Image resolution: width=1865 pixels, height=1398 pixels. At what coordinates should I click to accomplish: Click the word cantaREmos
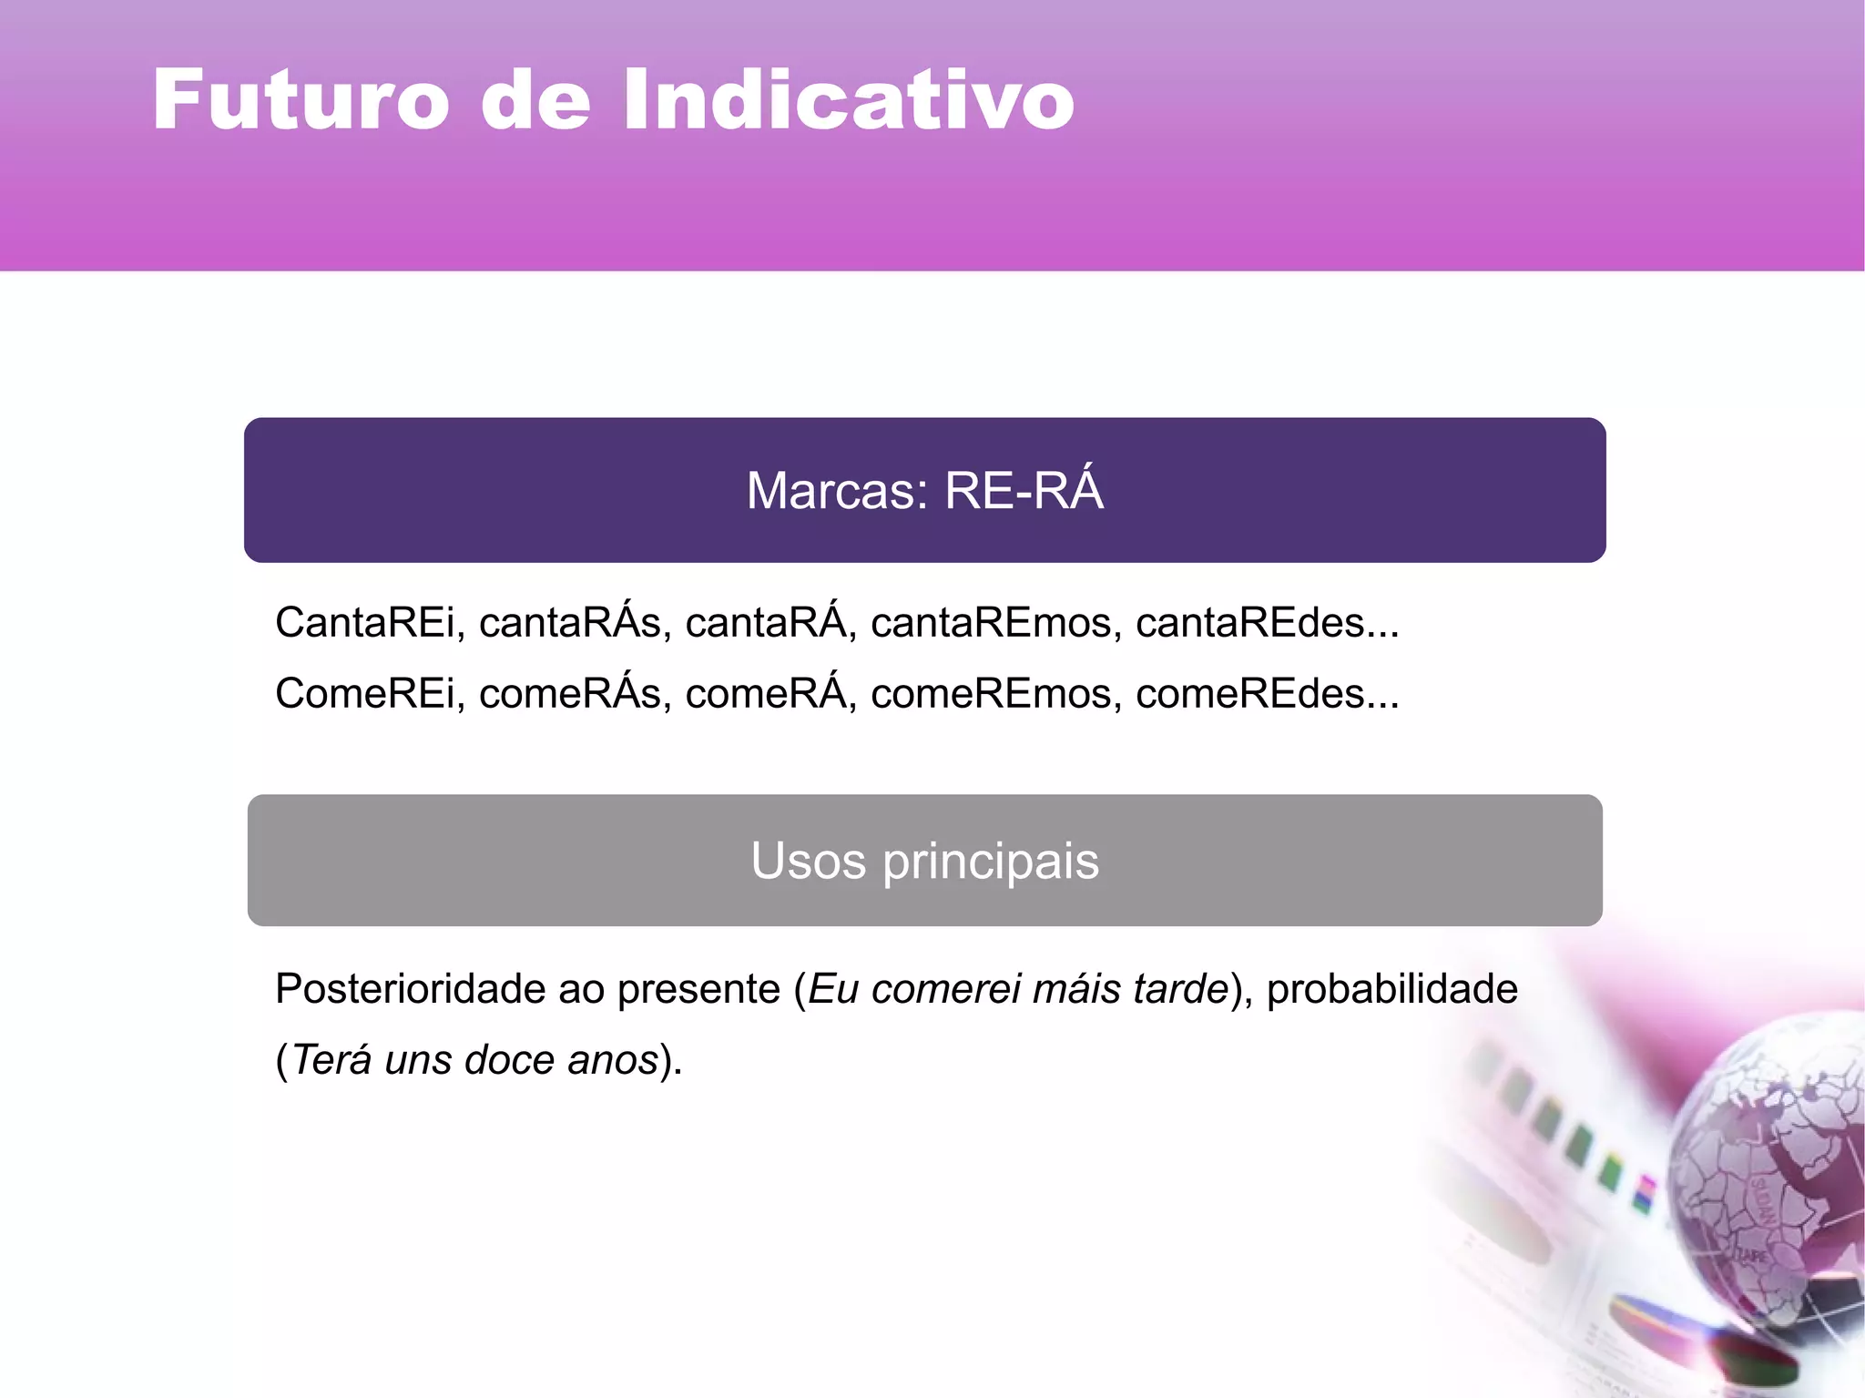[x=991, y=624]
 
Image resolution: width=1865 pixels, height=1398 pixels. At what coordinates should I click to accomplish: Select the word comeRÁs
[x=569, y=694]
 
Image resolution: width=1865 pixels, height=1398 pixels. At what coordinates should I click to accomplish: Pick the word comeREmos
[x=991, y=694]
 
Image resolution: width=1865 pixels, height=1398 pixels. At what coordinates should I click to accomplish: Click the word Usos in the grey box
[x=808, y=861]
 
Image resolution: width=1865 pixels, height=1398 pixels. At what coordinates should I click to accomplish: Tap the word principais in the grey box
[x=990, y=861]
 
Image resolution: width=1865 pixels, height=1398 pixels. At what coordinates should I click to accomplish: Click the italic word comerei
[x=937, y=990]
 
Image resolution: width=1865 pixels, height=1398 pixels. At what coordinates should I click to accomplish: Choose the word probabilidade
[x=1391, y=990]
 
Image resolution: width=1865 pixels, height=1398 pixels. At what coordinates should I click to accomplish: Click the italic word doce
[x=509, y=1060]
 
